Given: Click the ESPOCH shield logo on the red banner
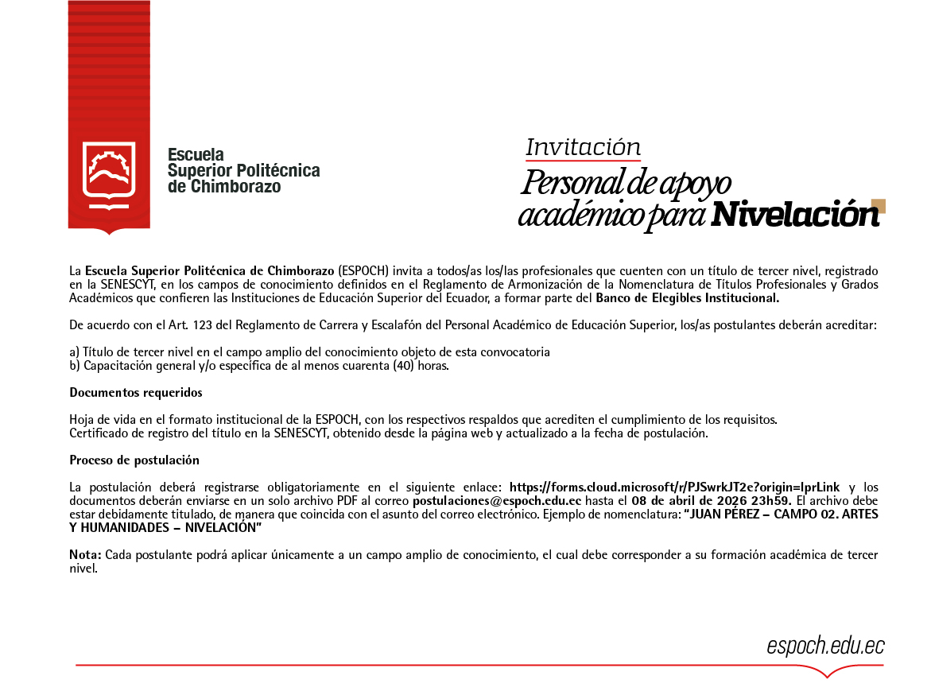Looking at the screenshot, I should (x=109, y=174).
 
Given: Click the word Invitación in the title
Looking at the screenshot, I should (x=583, y=147).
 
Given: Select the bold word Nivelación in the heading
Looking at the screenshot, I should (x=795, y=214).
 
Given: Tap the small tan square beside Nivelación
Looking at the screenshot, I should (x=878, y=206).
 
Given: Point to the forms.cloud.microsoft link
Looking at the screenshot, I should (x=674, y=487).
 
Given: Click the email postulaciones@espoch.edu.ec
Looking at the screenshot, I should (x=497, y=501).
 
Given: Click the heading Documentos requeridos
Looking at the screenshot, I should (x=135, y=392).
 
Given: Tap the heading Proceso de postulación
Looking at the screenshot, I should (x=134, y=460).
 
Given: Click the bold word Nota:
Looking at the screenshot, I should (x=85, y=554).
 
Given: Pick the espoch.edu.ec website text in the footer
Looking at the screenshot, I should (x=825, y=646).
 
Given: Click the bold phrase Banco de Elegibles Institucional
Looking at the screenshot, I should (x=688, y=298).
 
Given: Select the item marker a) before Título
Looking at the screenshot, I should (x=75, y=351).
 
